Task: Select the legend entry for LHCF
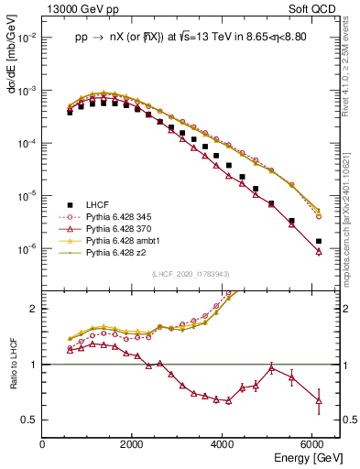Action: click(x=98, y=203)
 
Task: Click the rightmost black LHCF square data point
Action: click(x=318, y=241)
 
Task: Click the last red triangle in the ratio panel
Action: click(x=318, y=400)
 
